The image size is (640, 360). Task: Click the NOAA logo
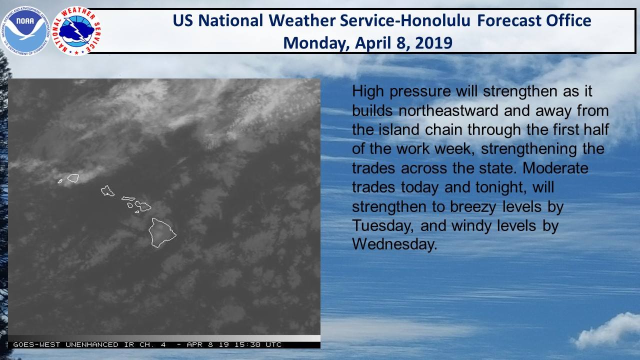coord(25,30)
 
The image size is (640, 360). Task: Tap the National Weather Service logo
coord(76,31)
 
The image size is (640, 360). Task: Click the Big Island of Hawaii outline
coord(162,232)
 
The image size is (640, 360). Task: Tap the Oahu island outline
coord(107,191)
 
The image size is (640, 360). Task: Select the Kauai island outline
coord(73,178)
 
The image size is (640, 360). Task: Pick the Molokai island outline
coord(128,198)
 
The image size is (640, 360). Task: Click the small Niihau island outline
coord(60,181)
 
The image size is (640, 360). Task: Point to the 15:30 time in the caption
coord(247,344)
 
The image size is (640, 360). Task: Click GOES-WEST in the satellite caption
coord(36,344)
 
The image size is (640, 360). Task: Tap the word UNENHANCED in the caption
coord(92,344)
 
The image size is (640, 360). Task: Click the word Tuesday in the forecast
coord(383,226)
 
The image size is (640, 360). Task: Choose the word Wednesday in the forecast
coord(394,244)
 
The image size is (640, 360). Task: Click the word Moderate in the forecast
coord(555,168)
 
